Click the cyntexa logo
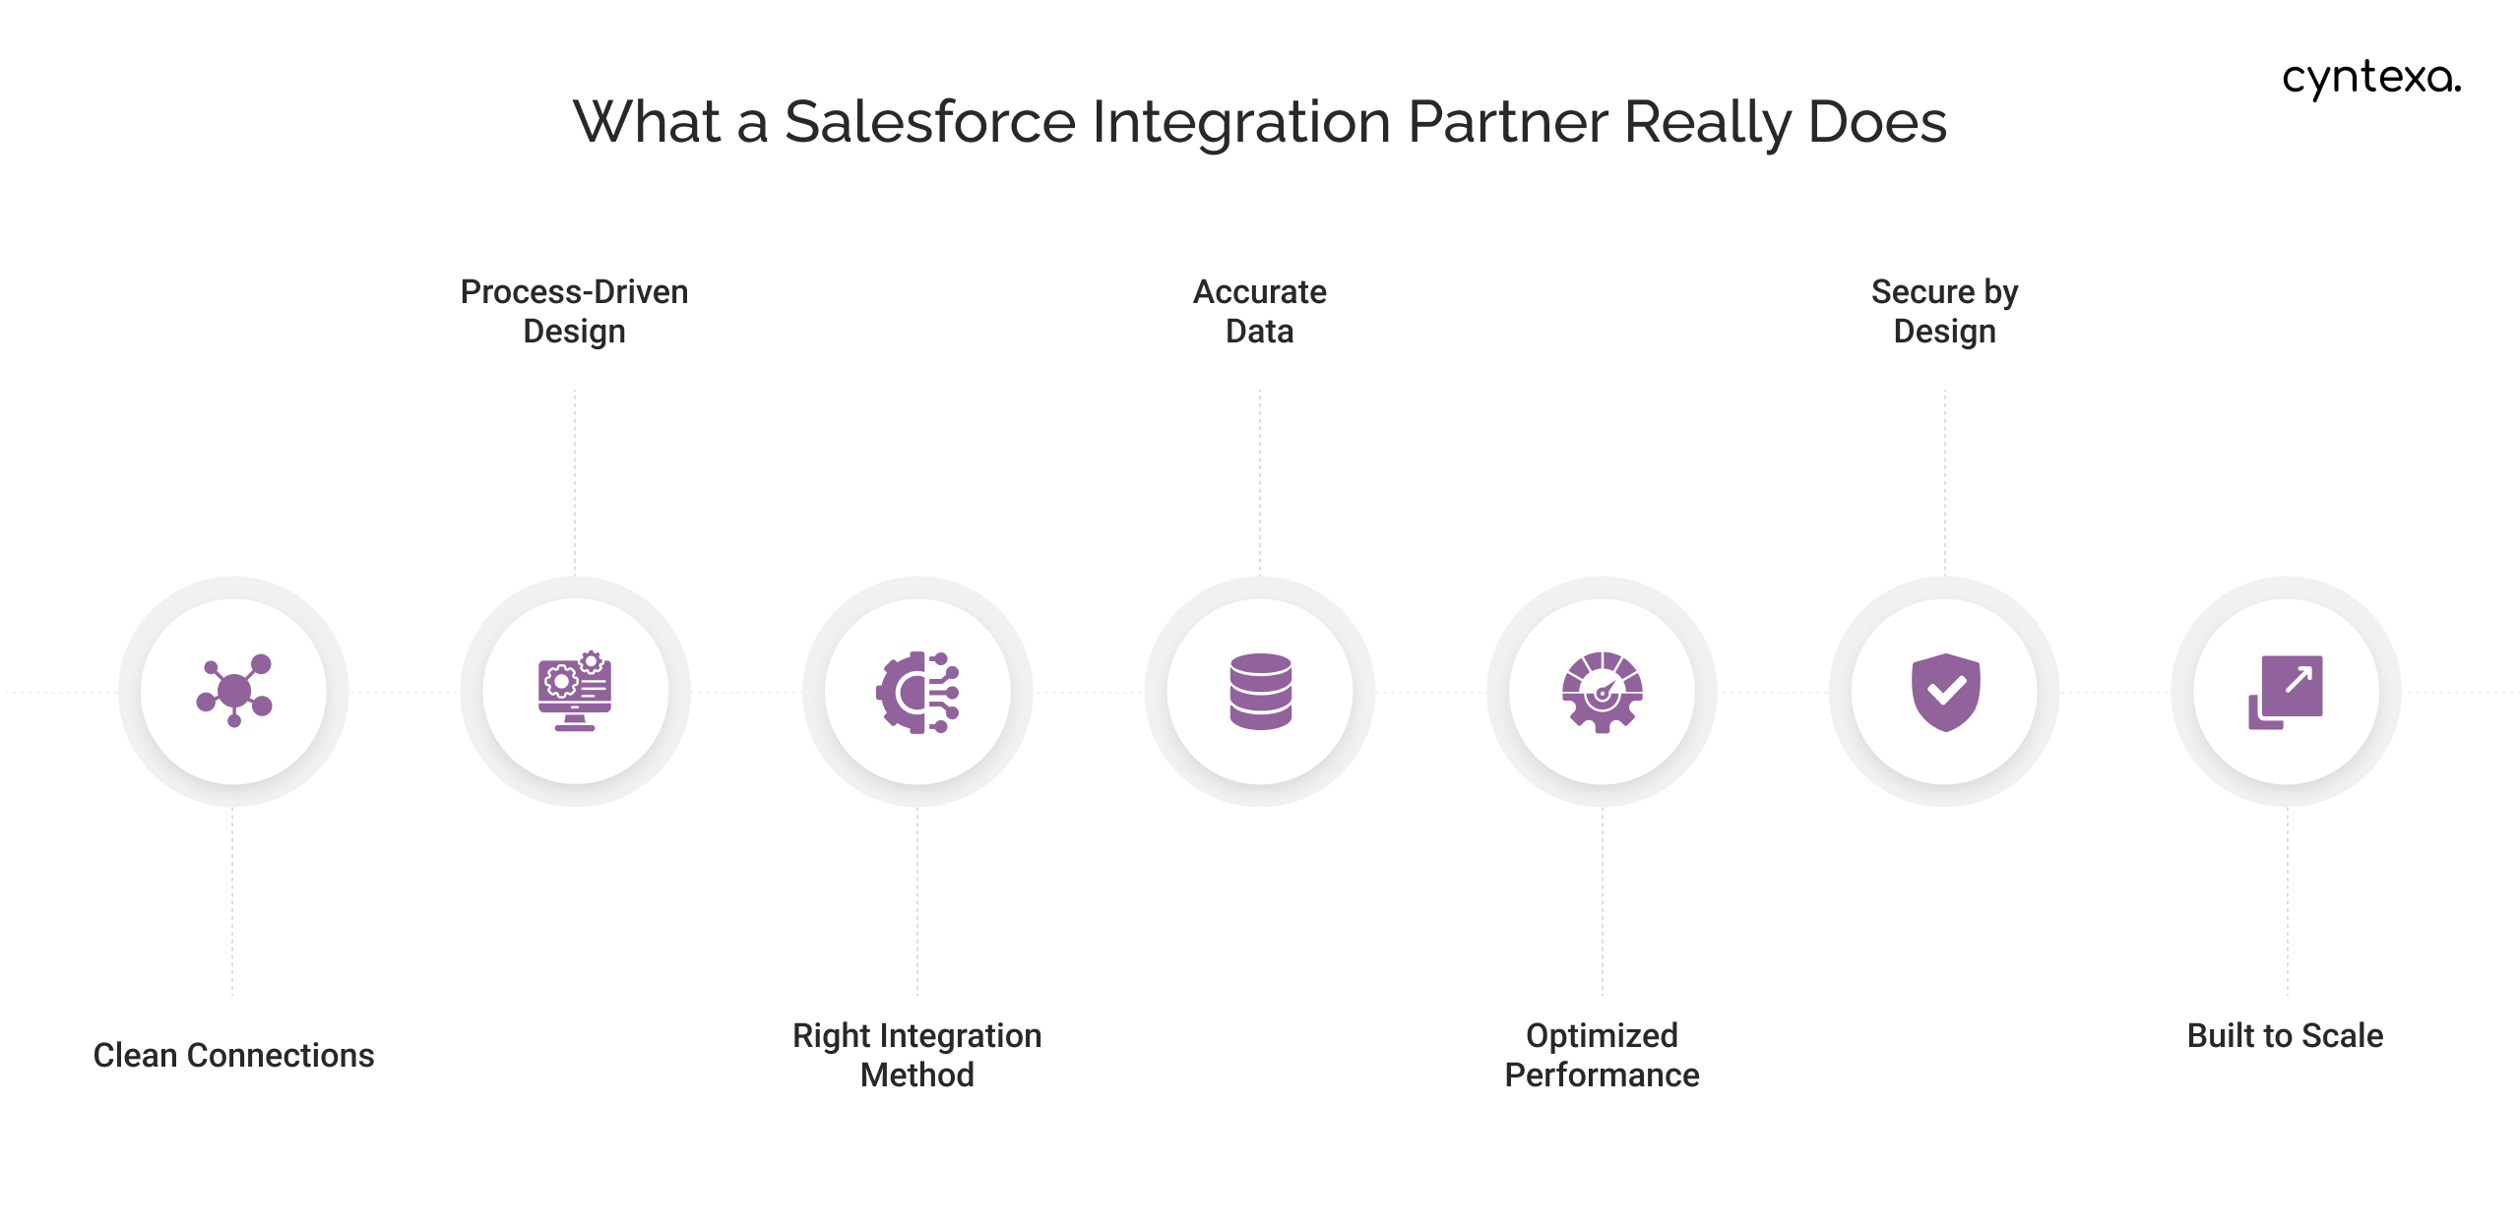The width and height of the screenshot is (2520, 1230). coord(2370,78)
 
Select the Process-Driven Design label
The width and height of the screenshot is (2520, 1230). coord(574,311)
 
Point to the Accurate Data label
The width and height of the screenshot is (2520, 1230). coord(1259,311)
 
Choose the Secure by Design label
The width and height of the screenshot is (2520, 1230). coord(1944,311)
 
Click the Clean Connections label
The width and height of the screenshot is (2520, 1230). coord(233,1055)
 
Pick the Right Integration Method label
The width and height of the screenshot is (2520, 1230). coord(916,1055)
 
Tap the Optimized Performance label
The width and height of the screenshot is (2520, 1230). coord(1602,1055)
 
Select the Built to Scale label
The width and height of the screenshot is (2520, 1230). coord(2285,1035)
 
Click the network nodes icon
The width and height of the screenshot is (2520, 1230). coord(233,691)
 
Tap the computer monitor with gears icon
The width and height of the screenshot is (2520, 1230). coord(575,691)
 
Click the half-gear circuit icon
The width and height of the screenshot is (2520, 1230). coord(917,692)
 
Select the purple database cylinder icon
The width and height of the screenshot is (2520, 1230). coord(1260,691)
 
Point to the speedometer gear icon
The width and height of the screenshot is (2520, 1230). coord(1602,692)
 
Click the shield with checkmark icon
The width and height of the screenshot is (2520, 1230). coord(1945,692)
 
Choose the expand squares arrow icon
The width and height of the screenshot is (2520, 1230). coord(2286,692)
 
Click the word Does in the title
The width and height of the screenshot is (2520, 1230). coord(1877,122)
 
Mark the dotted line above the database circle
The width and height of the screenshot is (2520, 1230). coord(1260,482)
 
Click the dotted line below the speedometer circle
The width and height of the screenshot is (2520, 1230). coord(1603,900)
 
